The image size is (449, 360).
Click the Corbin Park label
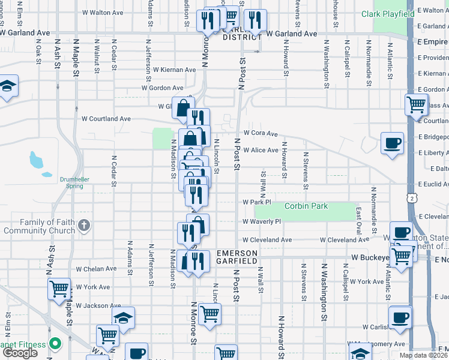click(x=306, y=206)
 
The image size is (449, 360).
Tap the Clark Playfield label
click(x=388, y=14)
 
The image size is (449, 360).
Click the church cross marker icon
click(x=84, y=226)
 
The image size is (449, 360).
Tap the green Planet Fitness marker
click(x=55, y=344)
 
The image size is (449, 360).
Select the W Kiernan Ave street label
click(x=174, y=70)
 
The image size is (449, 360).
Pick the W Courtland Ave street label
click(x=107, y=119)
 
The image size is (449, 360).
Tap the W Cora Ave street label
click(x=261, y=133)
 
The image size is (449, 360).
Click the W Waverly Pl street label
click(x=262, y=221)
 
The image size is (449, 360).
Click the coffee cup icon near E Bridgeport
click(x=393, y=143)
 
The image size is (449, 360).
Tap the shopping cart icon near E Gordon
click(x=416, y=104)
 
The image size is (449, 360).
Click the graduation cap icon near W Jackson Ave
click(x=123, y=317)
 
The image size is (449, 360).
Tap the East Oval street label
click(x=358, y=221)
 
